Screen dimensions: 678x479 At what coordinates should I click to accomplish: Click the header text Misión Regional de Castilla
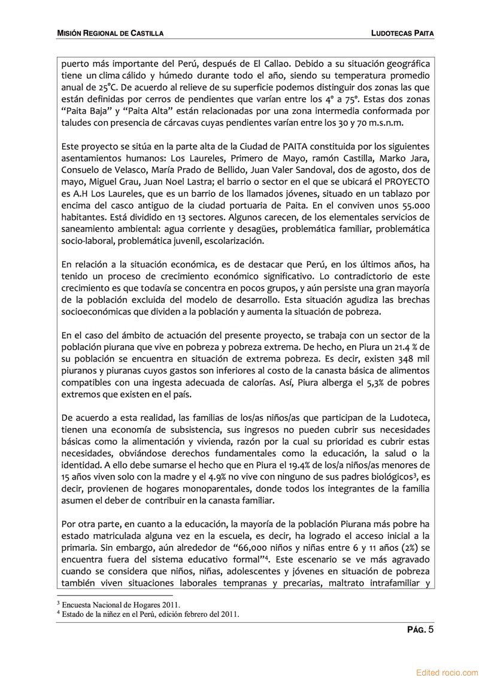pos(110,34)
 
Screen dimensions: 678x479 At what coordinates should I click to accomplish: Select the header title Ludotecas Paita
pos(402,34)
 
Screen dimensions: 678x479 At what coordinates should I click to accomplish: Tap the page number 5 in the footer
pos(431,629)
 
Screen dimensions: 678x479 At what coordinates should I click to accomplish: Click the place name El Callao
pos(254,63)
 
